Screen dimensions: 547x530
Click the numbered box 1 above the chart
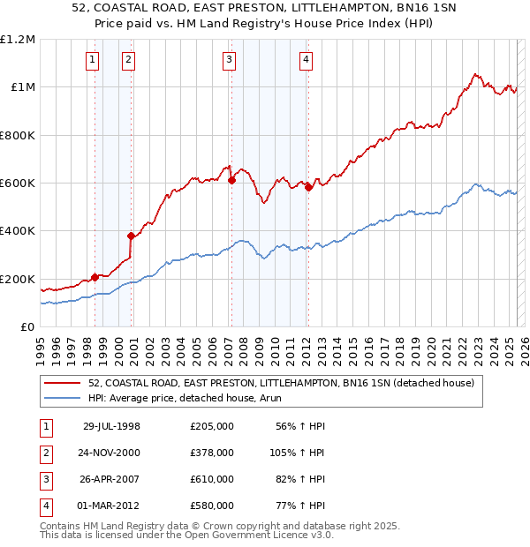pos(93,60)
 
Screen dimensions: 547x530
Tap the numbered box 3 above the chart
pos(229,60)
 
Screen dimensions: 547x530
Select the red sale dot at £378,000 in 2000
pos(131,236)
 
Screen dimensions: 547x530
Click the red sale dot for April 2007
pos(231,180)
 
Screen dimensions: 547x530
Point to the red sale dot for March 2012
pos(307,187)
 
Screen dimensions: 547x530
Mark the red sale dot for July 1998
pos(95,277)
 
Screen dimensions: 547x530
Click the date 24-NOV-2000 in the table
pos(111,453)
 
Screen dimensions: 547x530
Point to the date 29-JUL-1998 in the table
pos(111,426)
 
